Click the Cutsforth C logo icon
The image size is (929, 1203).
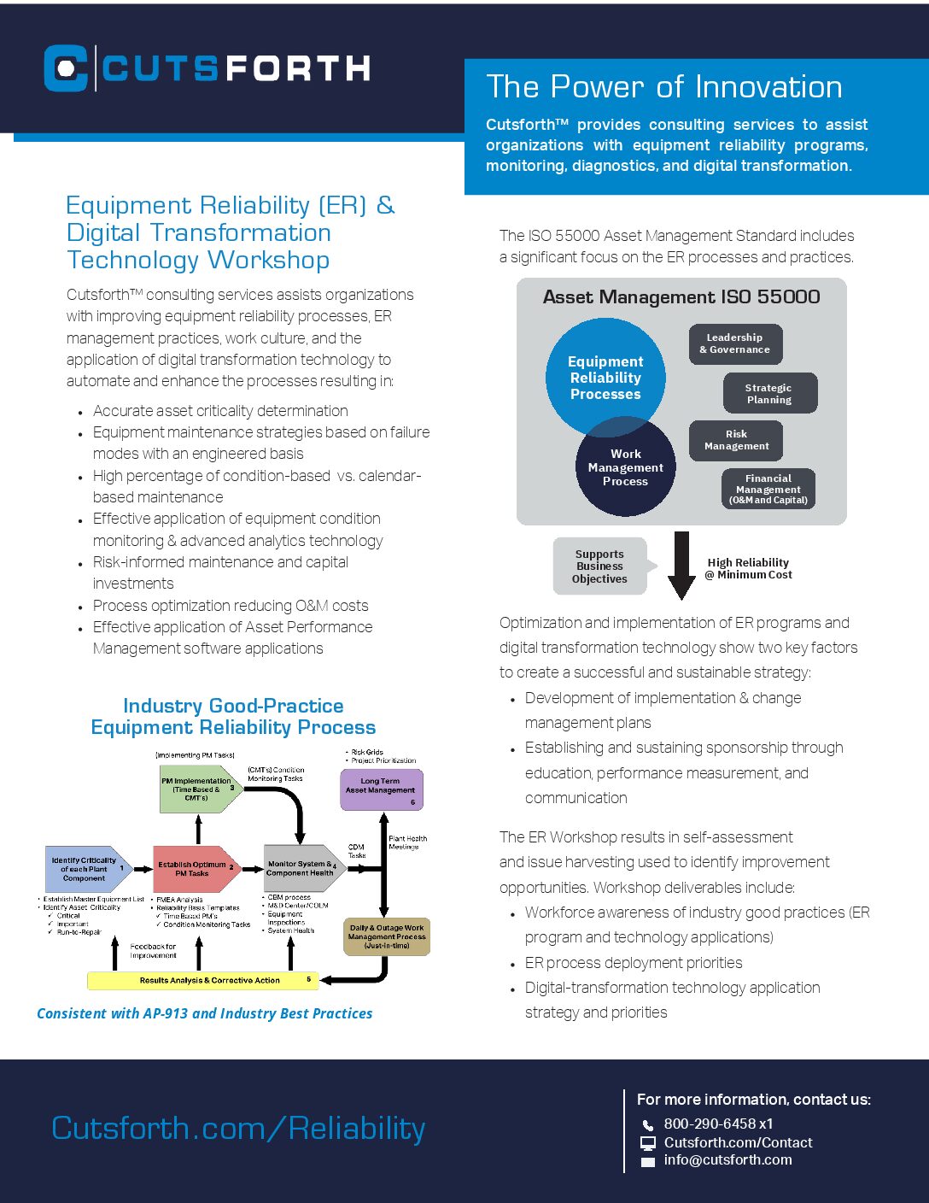(66, 68)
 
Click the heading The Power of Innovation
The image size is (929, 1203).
(663, 87)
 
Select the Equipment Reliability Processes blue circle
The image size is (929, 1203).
(605, 377)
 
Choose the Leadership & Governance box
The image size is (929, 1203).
(735, 343)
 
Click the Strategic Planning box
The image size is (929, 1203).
(769, 393)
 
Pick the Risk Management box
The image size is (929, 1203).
(736, 440)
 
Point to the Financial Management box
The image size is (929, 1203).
(768, 489)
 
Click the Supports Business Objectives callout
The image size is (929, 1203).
(599, 566)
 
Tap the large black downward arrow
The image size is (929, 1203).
(681, 565)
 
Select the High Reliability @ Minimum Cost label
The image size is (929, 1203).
(748, 569)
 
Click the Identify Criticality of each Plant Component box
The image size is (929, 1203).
(85, 869)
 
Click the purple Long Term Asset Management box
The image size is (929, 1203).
(381, 789)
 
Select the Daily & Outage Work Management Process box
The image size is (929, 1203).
(386, 936)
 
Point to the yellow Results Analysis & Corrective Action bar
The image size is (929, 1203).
(202, 980)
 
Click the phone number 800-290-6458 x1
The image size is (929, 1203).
(718, 1124)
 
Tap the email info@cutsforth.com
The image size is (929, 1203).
(727, 1160)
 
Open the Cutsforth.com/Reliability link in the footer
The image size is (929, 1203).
(238, 1128)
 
